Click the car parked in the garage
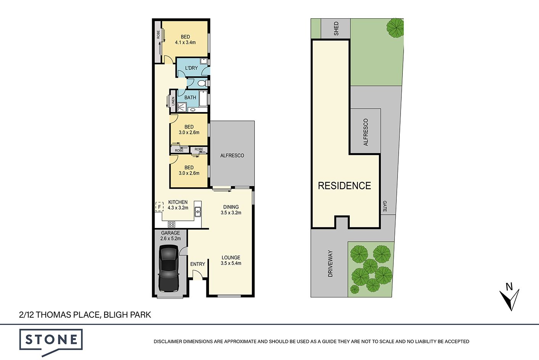[x=169, y=268]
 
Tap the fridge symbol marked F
[x=159, y=207]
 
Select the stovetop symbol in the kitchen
[x=171, y=224]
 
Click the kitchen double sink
[x=198, y=212]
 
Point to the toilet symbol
[x=203, y=83]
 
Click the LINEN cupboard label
[x=173, y=101]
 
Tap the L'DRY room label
[x=191, y=68]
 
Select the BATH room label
[x=190, y=97]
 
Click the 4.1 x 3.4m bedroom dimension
[x=185, y=42]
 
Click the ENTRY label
[x=198, y=264]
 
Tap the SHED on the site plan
[x=336, y=29]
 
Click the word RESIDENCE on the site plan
[x=344, y=186]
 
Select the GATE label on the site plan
[x=385, y=206]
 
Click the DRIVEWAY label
[x=330, y=264]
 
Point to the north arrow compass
[x=509, y=297]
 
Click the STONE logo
[x=51, y=342]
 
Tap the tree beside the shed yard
[x=395, y=28]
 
